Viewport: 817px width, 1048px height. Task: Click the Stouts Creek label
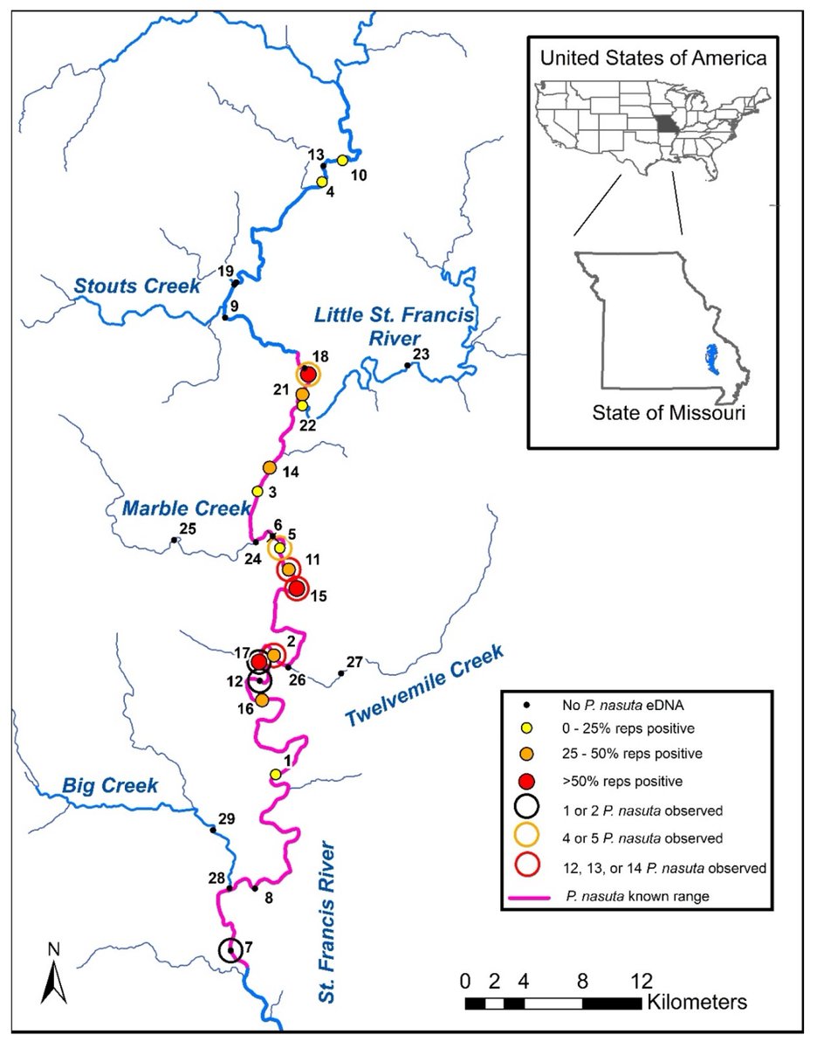(x=137, y=286)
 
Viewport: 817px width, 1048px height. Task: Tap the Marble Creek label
(x=175, y=508)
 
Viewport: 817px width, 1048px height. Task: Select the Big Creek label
(x=110, y=786)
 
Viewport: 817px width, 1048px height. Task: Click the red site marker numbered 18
(x=308, y=374)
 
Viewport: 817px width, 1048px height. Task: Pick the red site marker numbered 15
(x=297, y=589)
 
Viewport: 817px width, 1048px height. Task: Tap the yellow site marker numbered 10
(x=343, y=161)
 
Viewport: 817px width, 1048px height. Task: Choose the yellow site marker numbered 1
(x=276, y=775)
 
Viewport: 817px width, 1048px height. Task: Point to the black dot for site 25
(x=175, y=541)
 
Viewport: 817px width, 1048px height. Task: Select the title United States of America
(x=653, y=59)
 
